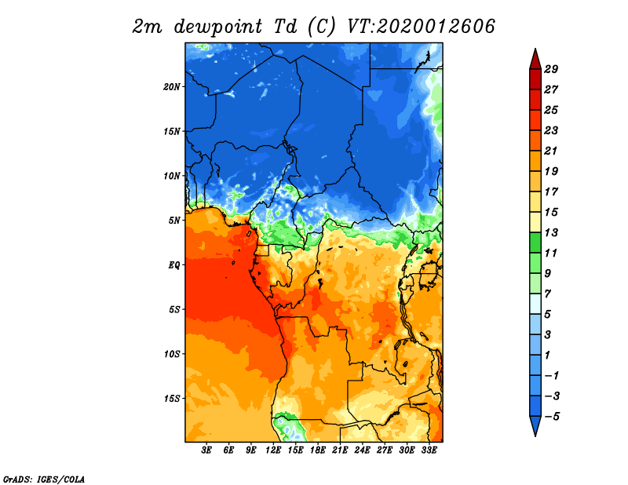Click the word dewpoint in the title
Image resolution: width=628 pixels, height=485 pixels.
pyautogui.click(x=217, y=27)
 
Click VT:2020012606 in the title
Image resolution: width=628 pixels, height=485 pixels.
pyautogui.click(x=421, y=27)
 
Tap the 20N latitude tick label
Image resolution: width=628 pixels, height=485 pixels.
pyautogui.click(x=172, y=86)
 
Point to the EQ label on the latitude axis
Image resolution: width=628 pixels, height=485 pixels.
pyautogui.click(x=174, y=264)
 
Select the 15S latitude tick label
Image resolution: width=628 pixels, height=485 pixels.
pyautogui.click(x=172, y=399)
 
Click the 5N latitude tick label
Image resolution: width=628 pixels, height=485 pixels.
pyautogui.click(x=174, y=221)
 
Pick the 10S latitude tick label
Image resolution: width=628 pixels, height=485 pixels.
pyautogui.click(x=172, y=354)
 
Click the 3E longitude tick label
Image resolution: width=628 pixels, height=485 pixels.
pyautogui.click(x=206, y=450)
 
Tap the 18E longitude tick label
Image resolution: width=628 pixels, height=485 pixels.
pyautogui.click(x=318, y=450)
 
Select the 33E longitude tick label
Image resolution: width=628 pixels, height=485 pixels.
pyautogui.click(x=429, y=450)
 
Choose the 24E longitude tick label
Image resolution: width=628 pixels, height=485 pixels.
pyautogui.click(x=362, y=450)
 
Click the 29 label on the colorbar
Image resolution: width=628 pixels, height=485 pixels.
pyautogui.click(x=551, y=69)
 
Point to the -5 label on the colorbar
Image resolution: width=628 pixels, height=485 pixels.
pyautogui.click(x=552, y=417)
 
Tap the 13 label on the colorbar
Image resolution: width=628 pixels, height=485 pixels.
pyautogui.click(x=551, y=232)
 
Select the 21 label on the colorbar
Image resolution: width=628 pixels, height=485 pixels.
pyautogui.click(x=551, y=151)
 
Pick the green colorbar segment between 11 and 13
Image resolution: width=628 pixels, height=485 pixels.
pyautogui.click(x=535, y=242)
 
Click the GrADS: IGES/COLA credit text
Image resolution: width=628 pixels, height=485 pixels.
pyautogui.click(x=44, y=479)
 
